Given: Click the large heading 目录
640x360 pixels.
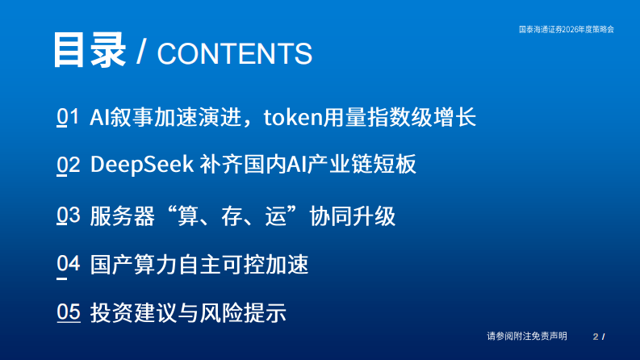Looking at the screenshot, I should click(x=90, y=51).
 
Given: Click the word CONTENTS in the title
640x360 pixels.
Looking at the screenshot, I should click(x=234, y=53).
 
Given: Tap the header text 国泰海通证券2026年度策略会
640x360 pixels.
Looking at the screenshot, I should click(x=566, y=28).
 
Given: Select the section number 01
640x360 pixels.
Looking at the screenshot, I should click(x=69, y=118).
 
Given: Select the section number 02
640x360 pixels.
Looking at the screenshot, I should click(x=69, y=165).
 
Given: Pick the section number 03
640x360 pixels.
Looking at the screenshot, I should click(x=69, y=216).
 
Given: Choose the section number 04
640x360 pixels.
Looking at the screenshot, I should click(x=69, y=264).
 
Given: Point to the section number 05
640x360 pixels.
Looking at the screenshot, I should click(x=69, y=312).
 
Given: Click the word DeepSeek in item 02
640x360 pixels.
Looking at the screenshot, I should click(x=141, y=165).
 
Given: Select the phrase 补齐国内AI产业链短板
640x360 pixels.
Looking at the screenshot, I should click(x=308, y=165).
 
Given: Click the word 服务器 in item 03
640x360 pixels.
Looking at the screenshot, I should click(x=117, y=216).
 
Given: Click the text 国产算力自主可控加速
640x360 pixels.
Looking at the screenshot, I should click(x=199, y=264).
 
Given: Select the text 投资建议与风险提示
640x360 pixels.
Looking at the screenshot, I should click(x=188, y=312).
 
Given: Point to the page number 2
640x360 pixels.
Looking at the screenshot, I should click(x=596, y=336).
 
